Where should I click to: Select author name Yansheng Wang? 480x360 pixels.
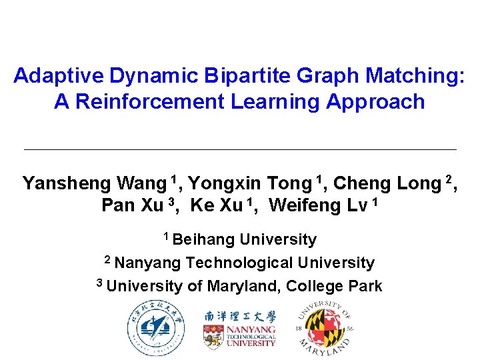93,183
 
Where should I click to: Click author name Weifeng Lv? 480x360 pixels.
319,205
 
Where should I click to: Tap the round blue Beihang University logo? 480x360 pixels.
156,328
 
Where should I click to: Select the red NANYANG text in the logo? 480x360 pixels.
250,329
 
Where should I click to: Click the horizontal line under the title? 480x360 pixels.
240,149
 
